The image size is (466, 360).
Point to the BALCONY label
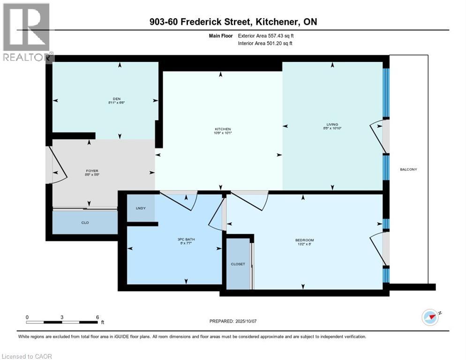pyautogui.click(x=408, y=169)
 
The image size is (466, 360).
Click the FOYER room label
pyautogui.click(x=92, y=171)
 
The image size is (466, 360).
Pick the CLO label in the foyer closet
pyautogui.click(x=85, y=223)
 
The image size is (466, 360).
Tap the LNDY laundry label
pyautogui.click(x=141, y=208)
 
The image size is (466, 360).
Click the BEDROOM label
pyautogui.click(x=304, y=240)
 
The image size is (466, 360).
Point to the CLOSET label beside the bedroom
pyautogui.click(x=238, y=264)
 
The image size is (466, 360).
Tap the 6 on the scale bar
pyautogui.click(x=97, y=317)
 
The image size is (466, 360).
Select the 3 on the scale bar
pyautogui.click(x=62, y=317)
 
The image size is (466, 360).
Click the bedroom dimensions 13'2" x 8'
pyautogui.click(x=304, y=244)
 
